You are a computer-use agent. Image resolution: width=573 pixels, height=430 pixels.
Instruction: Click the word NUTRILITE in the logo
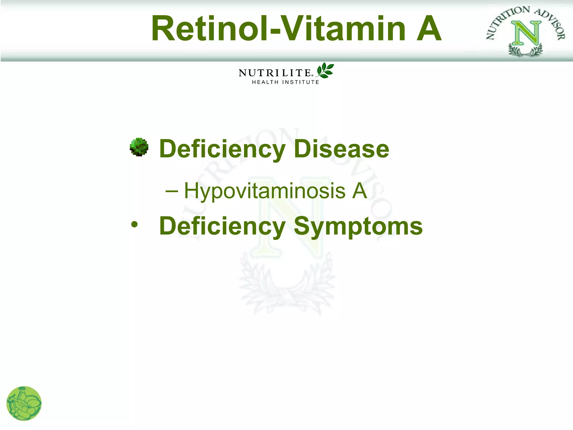(275, 73)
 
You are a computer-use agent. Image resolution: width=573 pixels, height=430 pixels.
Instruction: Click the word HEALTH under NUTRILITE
(265, 82)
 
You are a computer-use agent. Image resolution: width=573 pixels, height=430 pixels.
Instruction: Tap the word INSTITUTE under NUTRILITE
(300, 82)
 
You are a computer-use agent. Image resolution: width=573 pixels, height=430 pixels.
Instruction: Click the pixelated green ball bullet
(139, 147)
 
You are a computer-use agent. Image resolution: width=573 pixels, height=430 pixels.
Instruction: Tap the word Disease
(341, 149)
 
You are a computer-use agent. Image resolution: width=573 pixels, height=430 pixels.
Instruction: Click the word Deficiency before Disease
(222, 149)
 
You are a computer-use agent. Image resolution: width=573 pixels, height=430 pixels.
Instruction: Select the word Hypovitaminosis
(265, 191)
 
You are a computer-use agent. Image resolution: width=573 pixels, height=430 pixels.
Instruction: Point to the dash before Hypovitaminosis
(172, 191)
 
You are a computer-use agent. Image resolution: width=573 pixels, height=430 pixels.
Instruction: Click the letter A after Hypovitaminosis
(359, 191)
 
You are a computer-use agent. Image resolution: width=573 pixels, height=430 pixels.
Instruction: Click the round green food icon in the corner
(24, 403)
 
